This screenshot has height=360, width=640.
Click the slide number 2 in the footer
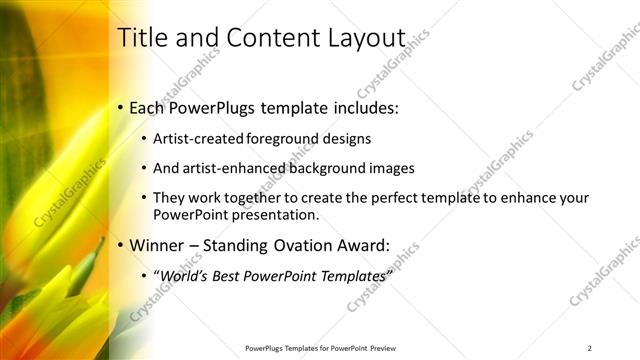(590, 348)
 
